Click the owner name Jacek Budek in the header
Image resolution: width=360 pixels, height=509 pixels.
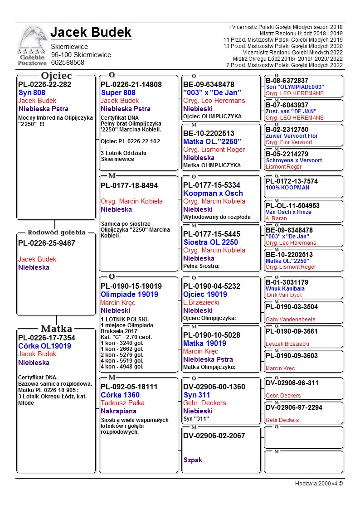click(91, 33)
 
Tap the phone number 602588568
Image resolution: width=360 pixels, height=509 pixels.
click(68, 63)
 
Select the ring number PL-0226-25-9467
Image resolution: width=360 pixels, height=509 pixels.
click(47, 243)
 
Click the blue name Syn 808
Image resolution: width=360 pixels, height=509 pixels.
click(32, 92)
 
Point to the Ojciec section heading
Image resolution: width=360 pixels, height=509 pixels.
click(56, 76)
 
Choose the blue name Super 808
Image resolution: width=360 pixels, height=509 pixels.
click(118, 92)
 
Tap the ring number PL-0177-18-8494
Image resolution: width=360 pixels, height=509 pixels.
click(129, 185)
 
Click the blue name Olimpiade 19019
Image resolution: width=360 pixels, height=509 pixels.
click(129, 294)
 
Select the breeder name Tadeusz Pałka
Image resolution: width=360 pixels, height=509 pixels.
click(122, 403)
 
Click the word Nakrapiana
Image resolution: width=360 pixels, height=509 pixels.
click(118, 411)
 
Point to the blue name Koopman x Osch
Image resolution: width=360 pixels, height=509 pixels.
click(213, 193)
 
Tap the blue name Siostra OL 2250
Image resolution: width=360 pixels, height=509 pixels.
click(210, 242)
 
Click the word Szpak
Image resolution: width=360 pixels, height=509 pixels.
click(193, 460)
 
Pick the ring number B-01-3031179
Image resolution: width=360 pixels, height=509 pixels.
click(287, 282)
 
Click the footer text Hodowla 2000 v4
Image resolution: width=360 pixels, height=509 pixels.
click(318, 484)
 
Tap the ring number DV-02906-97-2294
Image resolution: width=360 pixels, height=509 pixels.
click(294, 407)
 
